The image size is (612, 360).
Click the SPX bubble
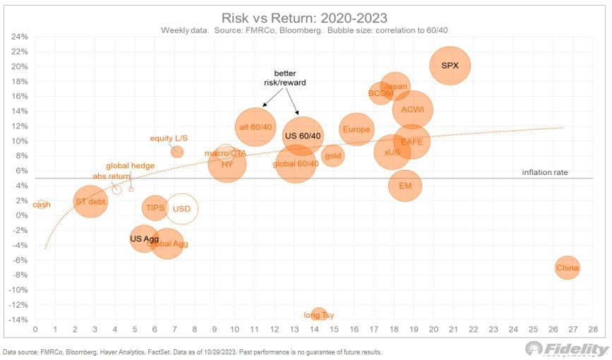click(450, 66)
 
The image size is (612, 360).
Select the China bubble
click(568, 268)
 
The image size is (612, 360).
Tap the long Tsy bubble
click(318, 314)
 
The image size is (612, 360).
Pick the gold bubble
click(333, 155)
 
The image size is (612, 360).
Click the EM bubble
click(405, 186)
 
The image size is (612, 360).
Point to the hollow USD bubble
click(181, 209)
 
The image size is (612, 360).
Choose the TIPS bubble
click(155, 208)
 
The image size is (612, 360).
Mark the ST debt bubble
click(90, 202)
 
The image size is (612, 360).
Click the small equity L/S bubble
click(177, 151)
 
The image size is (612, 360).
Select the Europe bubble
click(356, 129)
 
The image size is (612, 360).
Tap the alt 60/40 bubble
click(256, 126)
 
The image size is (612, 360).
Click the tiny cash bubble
click(42, 205)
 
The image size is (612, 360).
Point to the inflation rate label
click(545, 172)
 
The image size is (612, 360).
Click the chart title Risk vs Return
click(306, 17)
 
